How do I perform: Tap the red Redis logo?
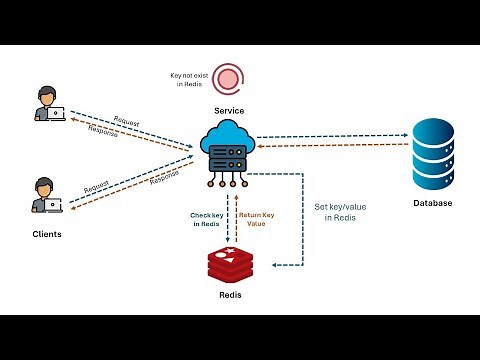[231, 265]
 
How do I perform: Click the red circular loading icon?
[230, 78]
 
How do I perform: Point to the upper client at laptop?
[48, 103]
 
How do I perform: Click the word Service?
[229, 110]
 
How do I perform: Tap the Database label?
[433, 204]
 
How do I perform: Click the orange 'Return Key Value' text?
[254, 218]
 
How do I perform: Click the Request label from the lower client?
[97, 187]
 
